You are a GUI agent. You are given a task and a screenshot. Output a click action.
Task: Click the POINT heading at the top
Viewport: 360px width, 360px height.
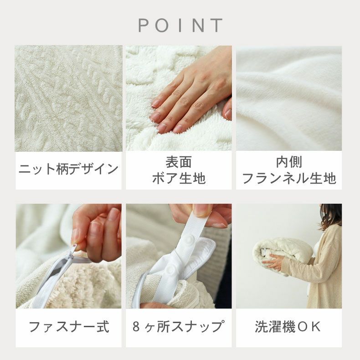pyautogui.click(x=180, y=25)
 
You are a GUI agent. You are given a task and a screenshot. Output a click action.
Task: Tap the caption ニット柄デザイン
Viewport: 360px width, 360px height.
pyautogui.click(x=68, y=169)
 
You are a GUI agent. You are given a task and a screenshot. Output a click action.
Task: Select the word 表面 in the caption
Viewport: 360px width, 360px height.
pyautogui.click(x=179, y=162)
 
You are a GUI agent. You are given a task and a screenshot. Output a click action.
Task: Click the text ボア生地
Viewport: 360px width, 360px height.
pyautogui.click(x=179, y=178)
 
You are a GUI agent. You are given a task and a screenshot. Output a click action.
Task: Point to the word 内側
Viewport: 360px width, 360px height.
pyautogui.click(x=289, y=162)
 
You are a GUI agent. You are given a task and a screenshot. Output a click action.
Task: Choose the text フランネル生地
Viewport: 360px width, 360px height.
pyautogui.click(x=289, y=178)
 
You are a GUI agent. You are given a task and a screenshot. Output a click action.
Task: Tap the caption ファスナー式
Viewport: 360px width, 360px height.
pyautogui.click(x=68, y=327)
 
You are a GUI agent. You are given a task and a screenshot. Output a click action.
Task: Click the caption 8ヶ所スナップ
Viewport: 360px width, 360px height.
pyautogui.click(x=178, y=327)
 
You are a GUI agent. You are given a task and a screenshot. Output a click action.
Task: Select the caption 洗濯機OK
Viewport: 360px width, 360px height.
pyautogui.click(x=288, y=327)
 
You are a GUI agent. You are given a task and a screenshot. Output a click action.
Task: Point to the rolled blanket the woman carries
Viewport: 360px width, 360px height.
pyautogui.click(x=283, y=255)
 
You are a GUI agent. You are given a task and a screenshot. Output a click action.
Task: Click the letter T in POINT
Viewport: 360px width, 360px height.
pyautogui.click(x=216, y=26)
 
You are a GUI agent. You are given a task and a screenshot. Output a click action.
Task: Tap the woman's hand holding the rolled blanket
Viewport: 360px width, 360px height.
pyautogui.click(x=274, y=262)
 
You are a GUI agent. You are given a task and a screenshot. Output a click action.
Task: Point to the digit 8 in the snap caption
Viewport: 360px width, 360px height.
pyautogui.click(x=136, y=327)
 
